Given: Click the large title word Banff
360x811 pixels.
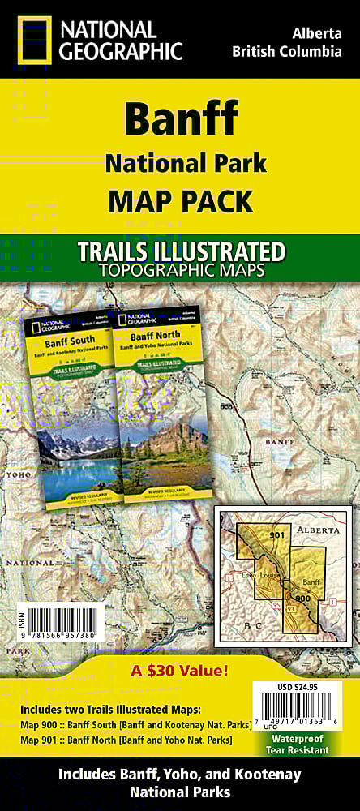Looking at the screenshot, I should click(x=180, y=120).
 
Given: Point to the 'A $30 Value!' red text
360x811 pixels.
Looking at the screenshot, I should click(x=180, y=670).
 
